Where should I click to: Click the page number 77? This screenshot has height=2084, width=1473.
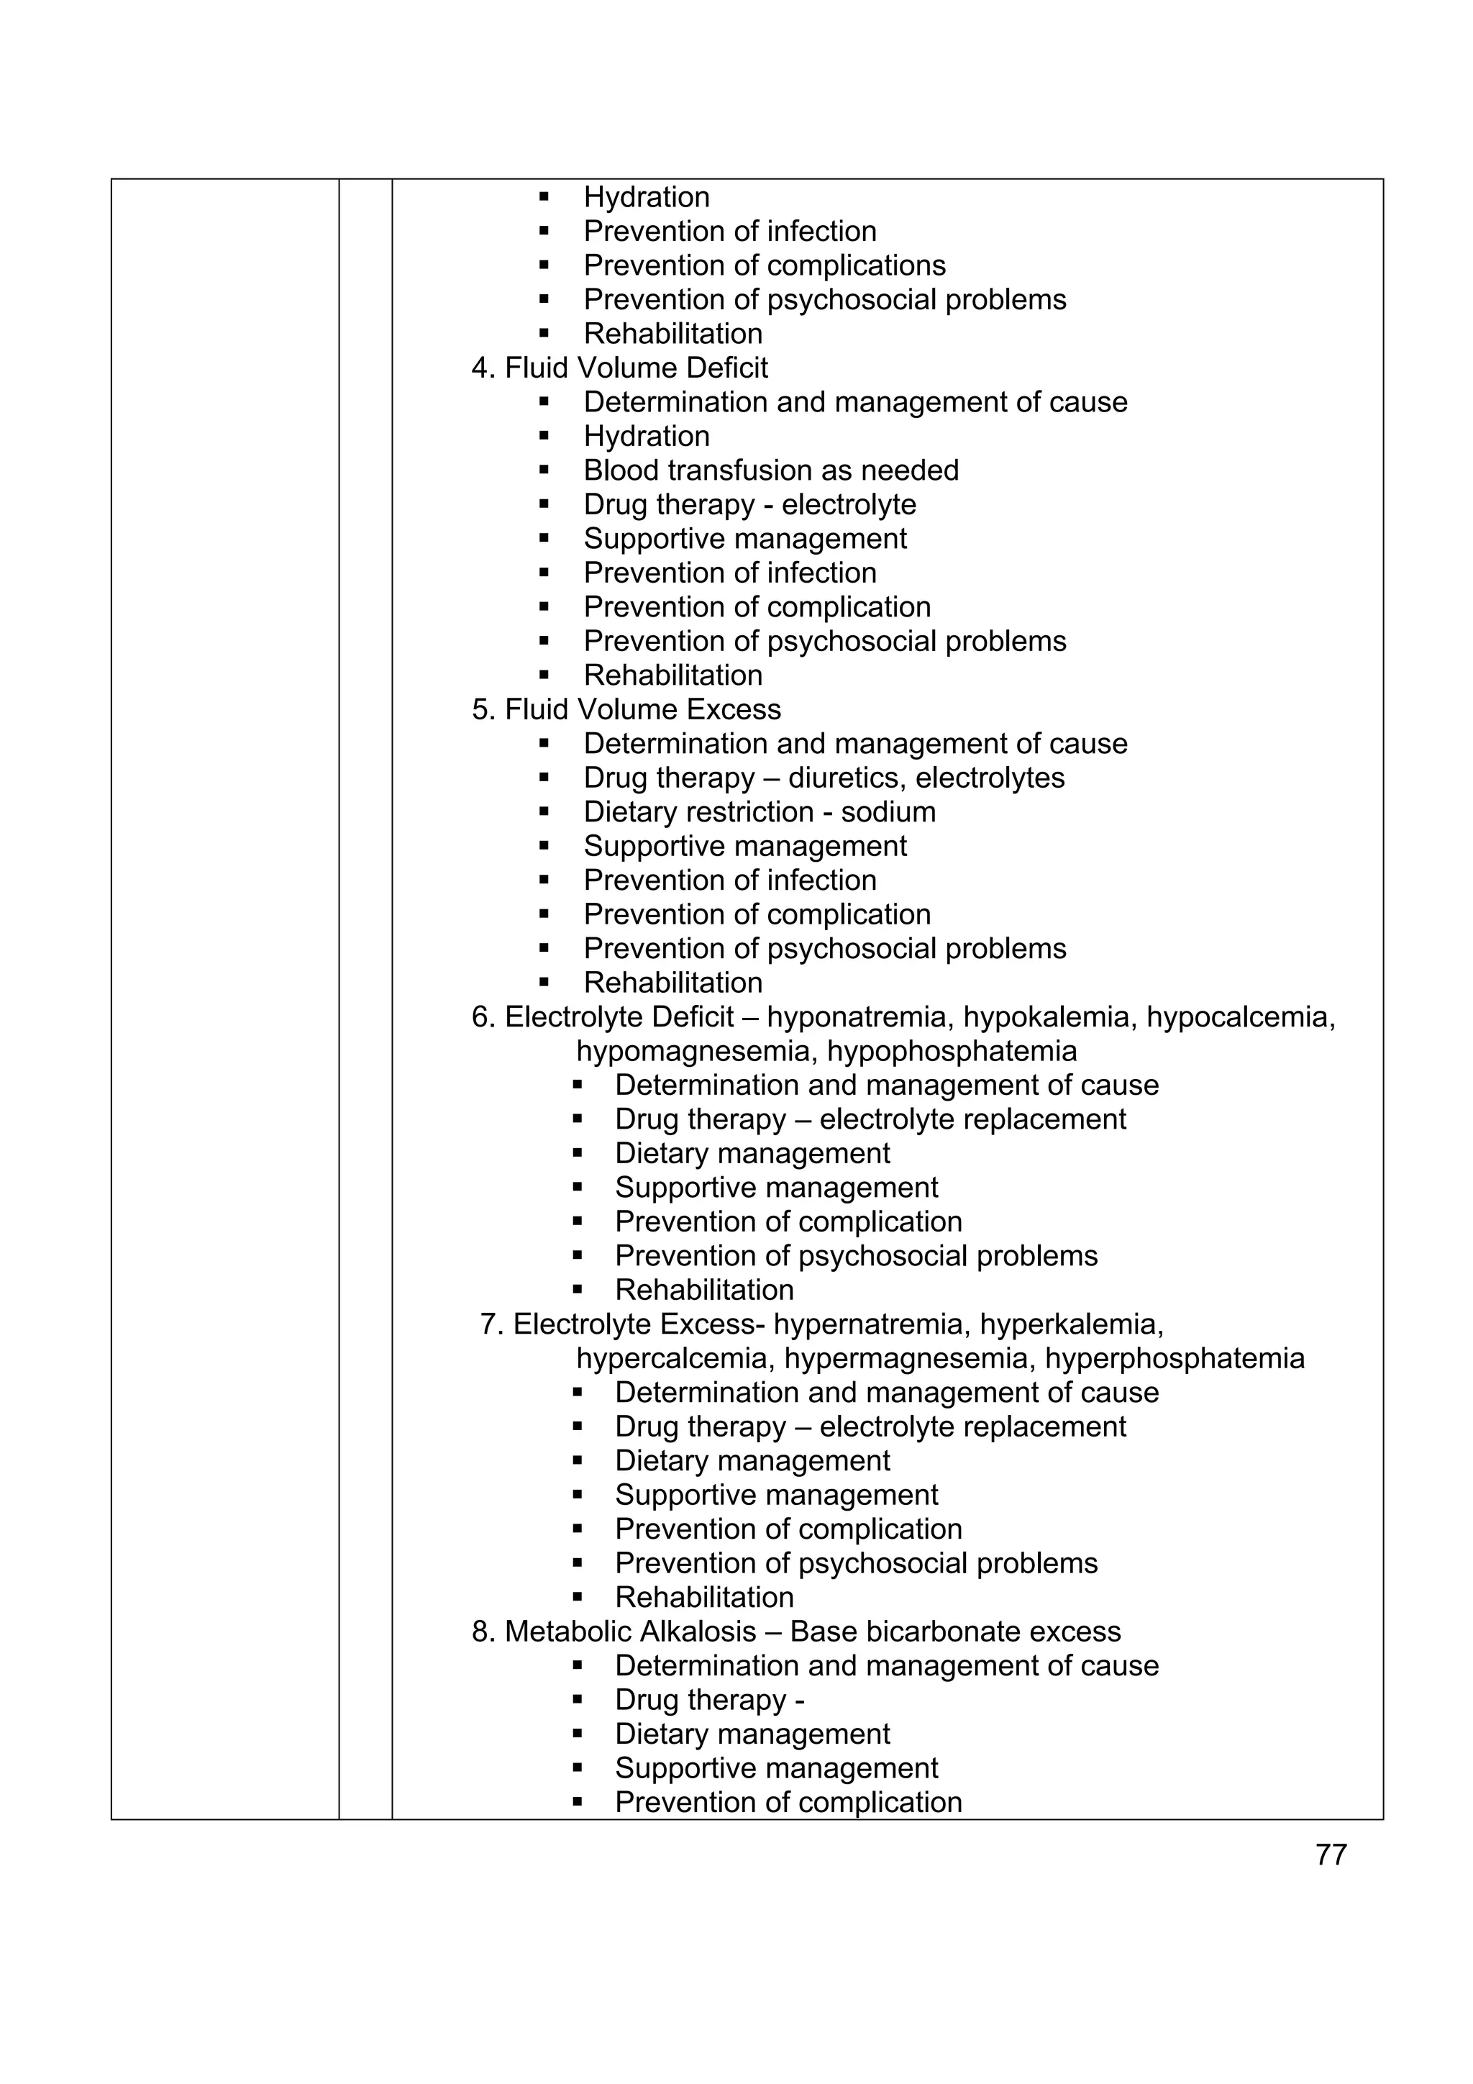click(x=1330, y=1855)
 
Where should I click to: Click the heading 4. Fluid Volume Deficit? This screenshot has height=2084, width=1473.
click(x=619, y=368)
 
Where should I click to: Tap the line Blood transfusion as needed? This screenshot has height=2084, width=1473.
click(x=770, y=470)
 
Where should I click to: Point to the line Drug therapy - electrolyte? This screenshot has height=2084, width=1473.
click(x=749, y=505)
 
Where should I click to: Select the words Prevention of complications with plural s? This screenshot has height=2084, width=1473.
click(x=764, y=265)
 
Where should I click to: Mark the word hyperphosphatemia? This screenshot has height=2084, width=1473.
click(x=1174, y=1359)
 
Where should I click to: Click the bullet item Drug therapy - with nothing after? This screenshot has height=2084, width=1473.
click(x=709, y=1699)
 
